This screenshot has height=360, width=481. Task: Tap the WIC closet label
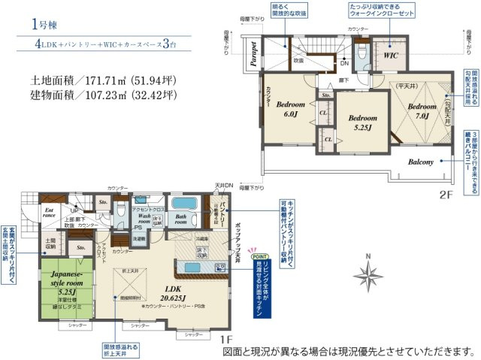coord(391,55)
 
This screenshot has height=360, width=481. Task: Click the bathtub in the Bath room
coord(183,204)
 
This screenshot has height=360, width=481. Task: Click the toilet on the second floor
coord(362,51)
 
